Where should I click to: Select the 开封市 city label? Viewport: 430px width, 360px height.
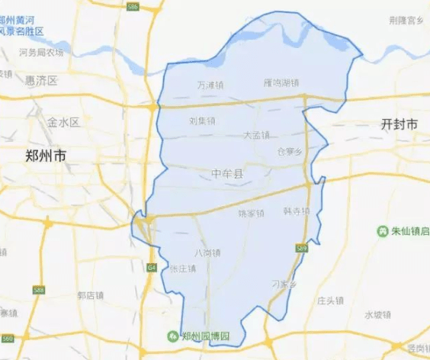(400, 124)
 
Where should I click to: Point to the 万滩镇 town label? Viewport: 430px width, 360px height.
(210, 85)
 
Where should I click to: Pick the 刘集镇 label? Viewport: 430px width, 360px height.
(202, 121)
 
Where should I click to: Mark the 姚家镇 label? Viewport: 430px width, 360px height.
(251, 213)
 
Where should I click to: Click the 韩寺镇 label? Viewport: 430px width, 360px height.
(296, 211)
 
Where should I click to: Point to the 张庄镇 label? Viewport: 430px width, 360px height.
(183, 268)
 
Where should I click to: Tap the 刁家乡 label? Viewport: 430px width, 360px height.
(283, 284)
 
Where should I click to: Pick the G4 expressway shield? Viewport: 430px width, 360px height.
(152, 267)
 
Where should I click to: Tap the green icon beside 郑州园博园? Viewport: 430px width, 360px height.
(173, 336)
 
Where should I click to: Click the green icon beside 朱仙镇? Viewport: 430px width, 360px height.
(381, 230)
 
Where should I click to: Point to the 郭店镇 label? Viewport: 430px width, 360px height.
(91, 294)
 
